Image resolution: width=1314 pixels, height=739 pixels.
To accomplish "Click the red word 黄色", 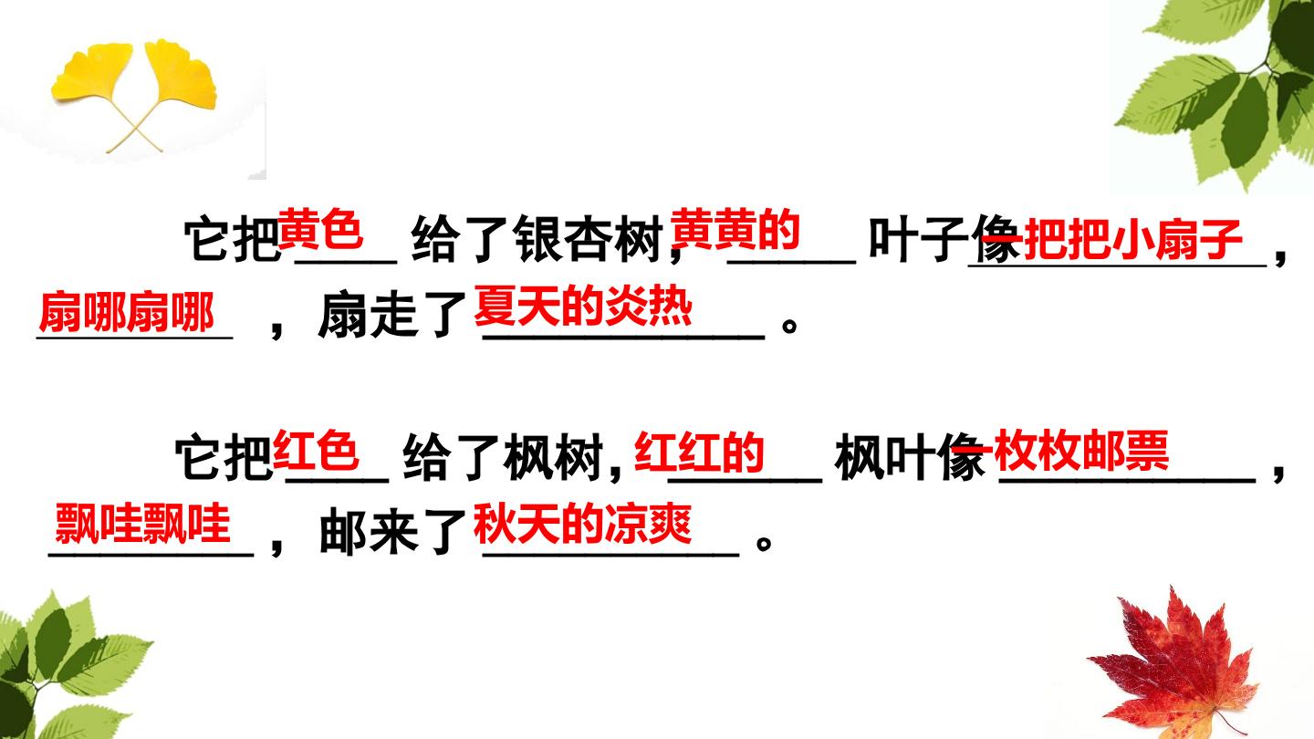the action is tap(320, 229).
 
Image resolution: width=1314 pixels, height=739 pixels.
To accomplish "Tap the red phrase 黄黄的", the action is tap(735, 230).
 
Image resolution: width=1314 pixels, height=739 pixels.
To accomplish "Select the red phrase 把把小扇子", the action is tap(1132, 240).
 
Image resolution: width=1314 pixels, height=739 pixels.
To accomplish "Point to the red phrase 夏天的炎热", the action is tap(583, 307).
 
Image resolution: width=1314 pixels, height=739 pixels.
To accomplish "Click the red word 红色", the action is tap(316, 451).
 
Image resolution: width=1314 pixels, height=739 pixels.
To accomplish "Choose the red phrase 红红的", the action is tap(699, 453).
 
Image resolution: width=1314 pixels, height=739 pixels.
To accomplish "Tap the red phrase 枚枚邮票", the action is tap(1082, 451).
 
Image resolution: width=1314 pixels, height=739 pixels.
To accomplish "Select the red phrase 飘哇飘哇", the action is tap(142, 523).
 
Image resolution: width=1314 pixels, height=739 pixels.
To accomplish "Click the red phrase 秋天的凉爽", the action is tap(583, 524).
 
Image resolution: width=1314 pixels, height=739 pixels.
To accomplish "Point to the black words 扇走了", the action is tap(391, 317).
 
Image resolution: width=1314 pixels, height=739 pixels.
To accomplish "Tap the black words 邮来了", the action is tap(391, 533).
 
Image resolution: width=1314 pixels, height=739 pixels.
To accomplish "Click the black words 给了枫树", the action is tap(504, 457).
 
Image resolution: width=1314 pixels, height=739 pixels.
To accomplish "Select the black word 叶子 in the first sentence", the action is tap(918, 240).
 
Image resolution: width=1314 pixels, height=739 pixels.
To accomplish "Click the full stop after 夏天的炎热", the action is tap(789, 326).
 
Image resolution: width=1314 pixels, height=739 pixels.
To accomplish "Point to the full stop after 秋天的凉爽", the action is tap(764, 543).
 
